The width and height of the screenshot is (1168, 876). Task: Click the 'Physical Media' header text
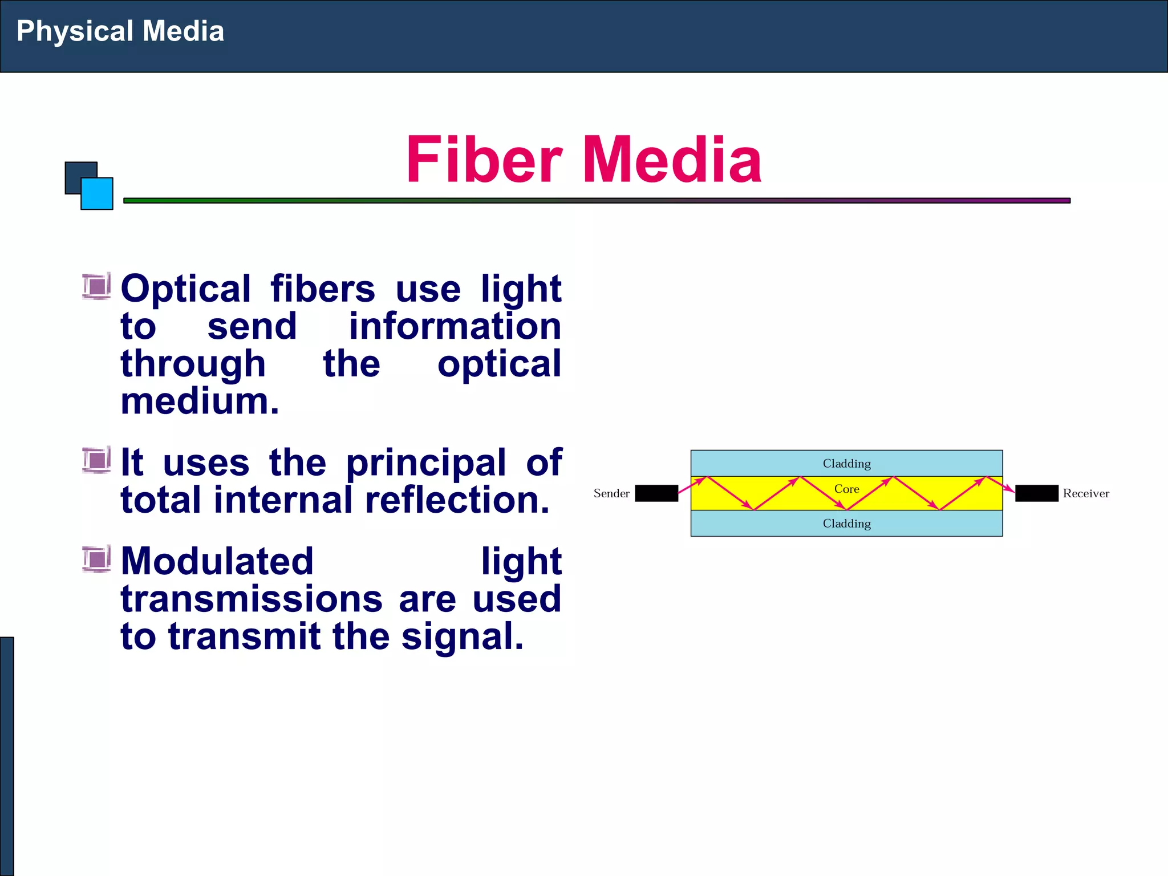(x=120, y=31)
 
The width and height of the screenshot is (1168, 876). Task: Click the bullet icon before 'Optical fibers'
(x=96, y=286)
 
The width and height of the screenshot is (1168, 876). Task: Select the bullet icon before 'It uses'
(x=96, y=460)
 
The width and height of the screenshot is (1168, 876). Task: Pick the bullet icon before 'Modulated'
(x=96, y=559)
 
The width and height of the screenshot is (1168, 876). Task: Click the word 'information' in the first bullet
(x=455, y=326)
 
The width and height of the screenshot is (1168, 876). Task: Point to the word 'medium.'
(x=200, y=401)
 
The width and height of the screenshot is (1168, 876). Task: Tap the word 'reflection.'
(x=457, y=500)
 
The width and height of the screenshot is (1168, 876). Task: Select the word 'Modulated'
(x=217, y=561)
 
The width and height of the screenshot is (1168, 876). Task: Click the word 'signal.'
(x=462, y=636)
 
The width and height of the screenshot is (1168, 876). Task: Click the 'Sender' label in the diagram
(x=611, y=493)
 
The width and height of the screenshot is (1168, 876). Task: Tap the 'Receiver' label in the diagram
(x=1086, y=493)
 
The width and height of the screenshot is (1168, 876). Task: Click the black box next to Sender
(x=656, y=493)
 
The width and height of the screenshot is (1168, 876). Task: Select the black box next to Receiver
(x=1036, y=493)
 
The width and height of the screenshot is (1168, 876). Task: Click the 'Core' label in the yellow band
(x=846, y=489)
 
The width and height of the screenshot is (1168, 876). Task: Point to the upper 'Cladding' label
(x=846, y=464)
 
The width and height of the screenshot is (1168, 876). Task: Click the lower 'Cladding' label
(x=846, y=524)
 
